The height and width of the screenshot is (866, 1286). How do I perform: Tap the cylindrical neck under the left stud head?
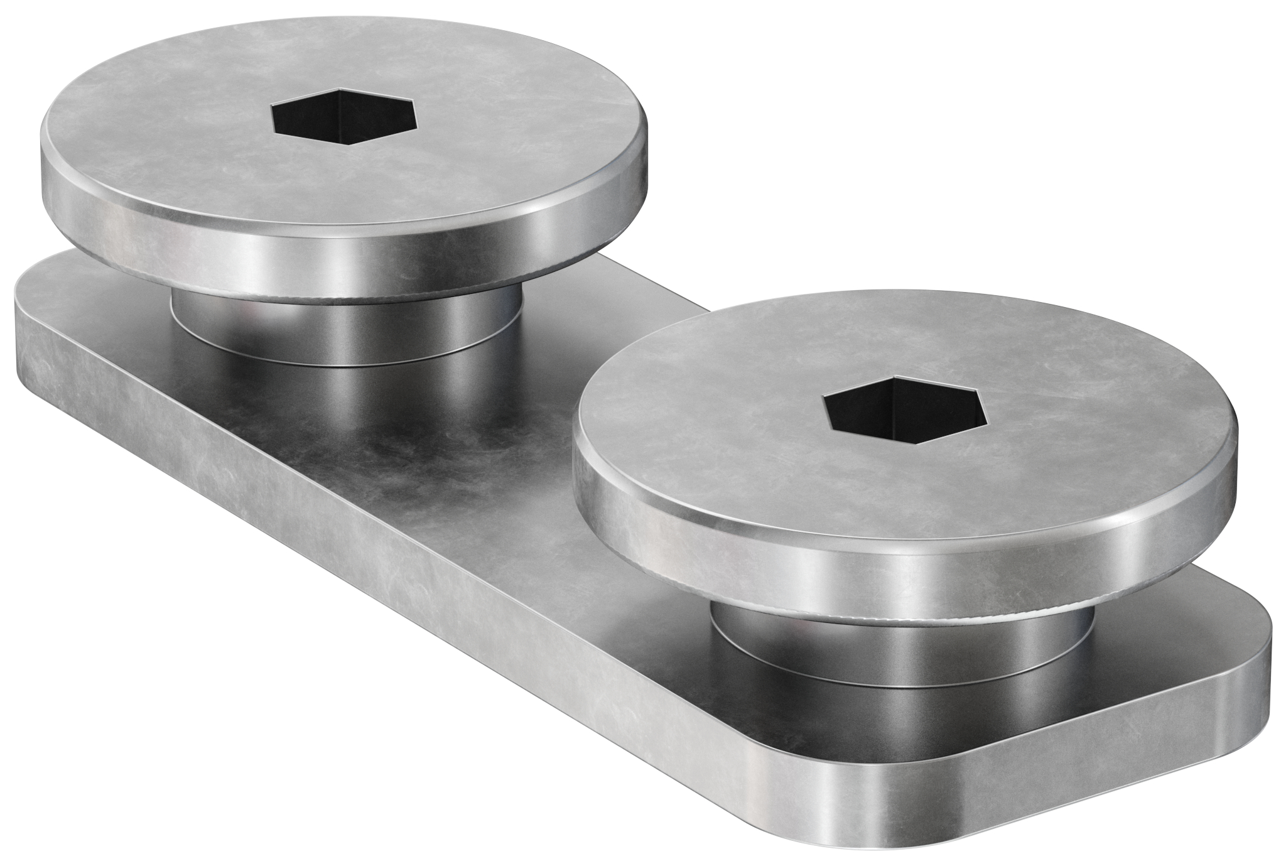[345, 333]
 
